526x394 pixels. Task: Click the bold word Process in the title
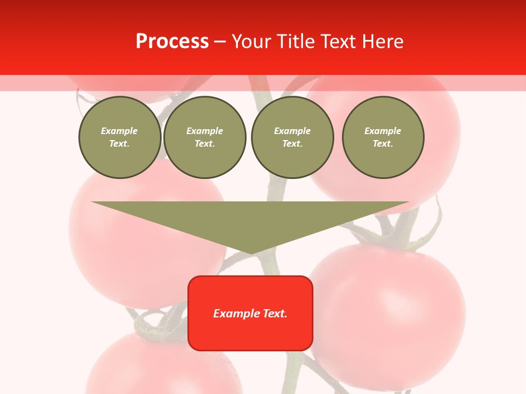172,42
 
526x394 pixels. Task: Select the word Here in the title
383,42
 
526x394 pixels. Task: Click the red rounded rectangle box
250,334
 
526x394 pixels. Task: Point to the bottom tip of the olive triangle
251,253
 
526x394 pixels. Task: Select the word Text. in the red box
275,314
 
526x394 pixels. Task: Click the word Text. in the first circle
119,144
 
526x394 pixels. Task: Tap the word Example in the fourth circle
383,131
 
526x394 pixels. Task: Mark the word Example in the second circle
205,131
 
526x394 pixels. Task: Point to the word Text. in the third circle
293,144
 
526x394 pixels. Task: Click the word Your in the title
251,42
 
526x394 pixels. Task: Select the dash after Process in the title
220,42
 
